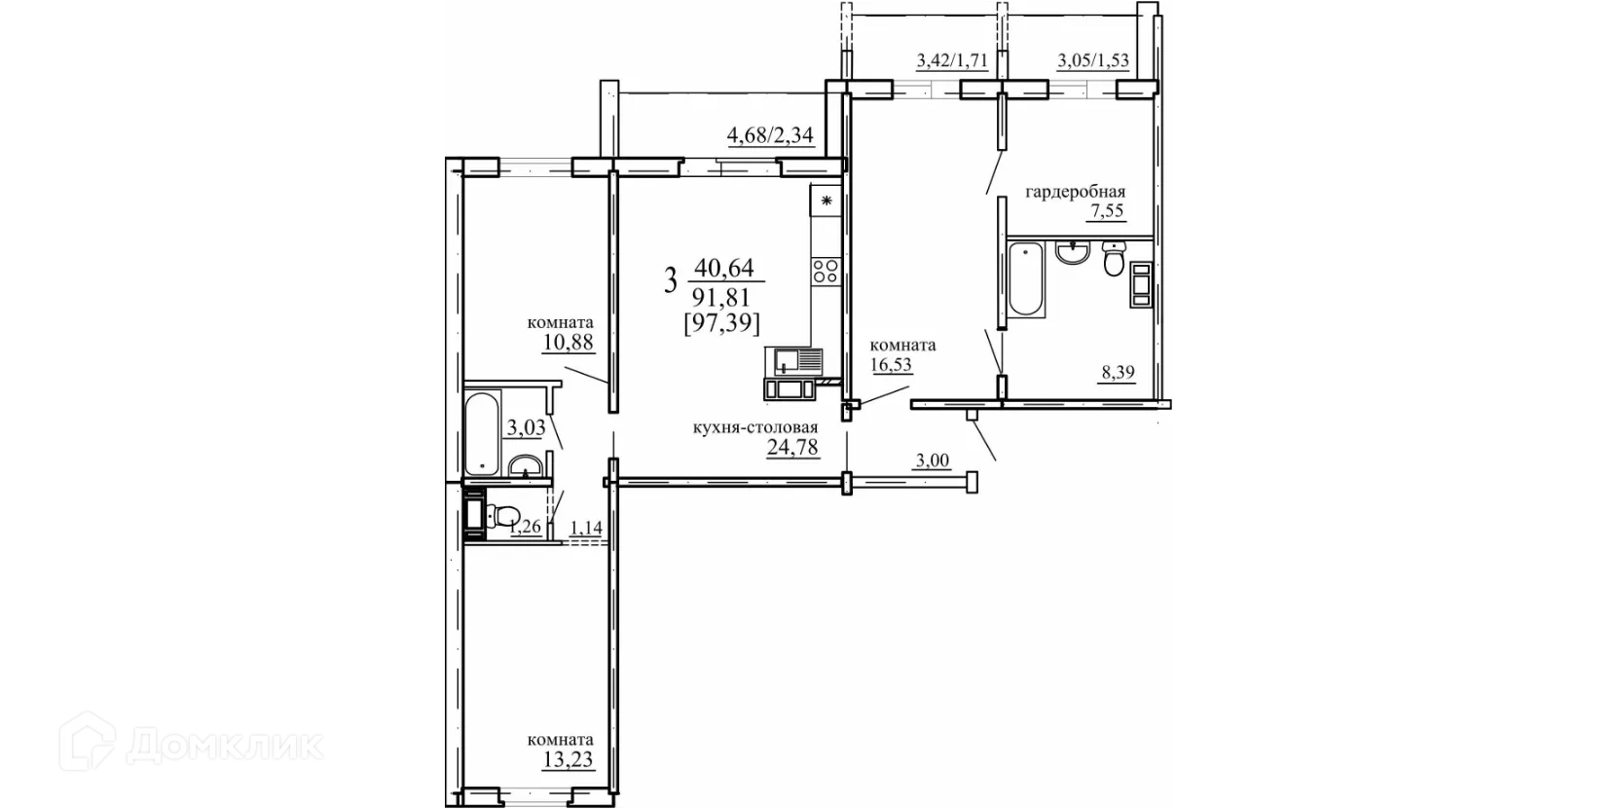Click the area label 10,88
pos(569,342)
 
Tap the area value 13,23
pos(569,760)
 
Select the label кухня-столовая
pos(755,427)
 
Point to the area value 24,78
pos(792,448)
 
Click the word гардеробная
pos(1076,192)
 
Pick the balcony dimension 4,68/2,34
pos(770,135)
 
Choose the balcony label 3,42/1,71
pos(952,60)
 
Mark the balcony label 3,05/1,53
pos(1093,60)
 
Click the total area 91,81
pos(721,297)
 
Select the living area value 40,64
pos(724,268)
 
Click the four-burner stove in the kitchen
pos(826,272)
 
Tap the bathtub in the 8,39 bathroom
pos(1026,278)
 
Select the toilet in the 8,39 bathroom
pos(1114,259)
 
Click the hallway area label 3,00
pos(933,460)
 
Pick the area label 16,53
pos(892,364)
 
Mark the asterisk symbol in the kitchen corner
pos(827,201)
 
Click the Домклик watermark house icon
pos(87,741)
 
